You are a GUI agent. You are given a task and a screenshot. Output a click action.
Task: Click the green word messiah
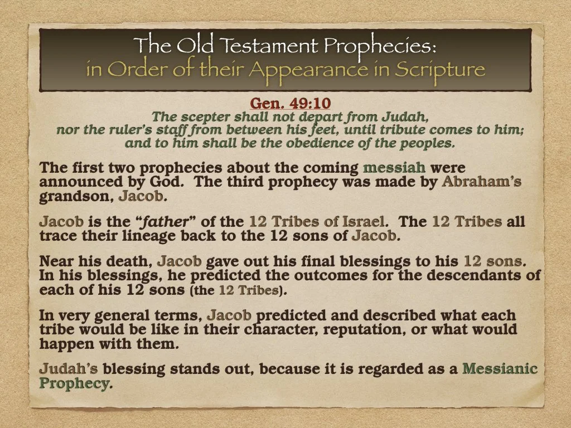tap(394, 168)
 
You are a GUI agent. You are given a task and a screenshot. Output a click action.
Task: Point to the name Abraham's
tap(482, 182)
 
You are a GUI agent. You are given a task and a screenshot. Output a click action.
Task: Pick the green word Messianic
tap(500, 369)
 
